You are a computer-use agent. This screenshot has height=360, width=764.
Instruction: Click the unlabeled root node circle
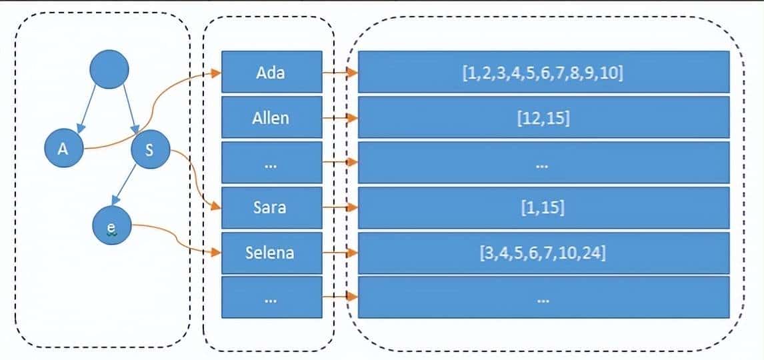pyautogui.click(x=109, y=69)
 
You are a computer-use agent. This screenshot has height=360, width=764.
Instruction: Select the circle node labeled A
pyautogui.click(x=64, y=149)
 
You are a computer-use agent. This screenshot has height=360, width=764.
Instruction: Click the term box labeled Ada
pyautogui.click(x=271, y=71)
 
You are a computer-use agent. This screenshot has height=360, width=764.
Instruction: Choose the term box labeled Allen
pyautogui.click(x=271, y=117)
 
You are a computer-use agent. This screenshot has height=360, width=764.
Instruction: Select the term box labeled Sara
pyautogui.click(x=271, y=207)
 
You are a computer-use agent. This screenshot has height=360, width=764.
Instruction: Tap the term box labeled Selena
pyautogui.click(x=271, y=253)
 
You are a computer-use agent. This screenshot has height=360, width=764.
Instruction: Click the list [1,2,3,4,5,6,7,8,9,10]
pyautogui.click(x=543, y=71)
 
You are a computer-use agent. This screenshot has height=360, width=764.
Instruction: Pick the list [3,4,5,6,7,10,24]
pyautogui.click(x=543, y=253)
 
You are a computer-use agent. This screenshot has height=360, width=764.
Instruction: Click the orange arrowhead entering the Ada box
pyautogui.click(x=216, y=72)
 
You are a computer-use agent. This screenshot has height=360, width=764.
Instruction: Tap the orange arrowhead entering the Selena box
pyautogui.click(x=216, y=253)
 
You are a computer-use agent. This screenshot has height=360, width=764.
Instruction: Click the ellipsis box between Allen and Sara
pyautogui.click(x=271, y=162)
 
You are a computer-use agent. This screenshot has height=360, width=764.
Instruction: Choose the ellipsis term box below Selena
pyautogui.click(x=271, y=298)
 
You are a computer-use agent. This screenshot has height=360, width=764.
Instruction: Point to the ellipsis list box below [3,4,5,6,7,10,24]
pyautogui.click(x=543, y=298)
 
